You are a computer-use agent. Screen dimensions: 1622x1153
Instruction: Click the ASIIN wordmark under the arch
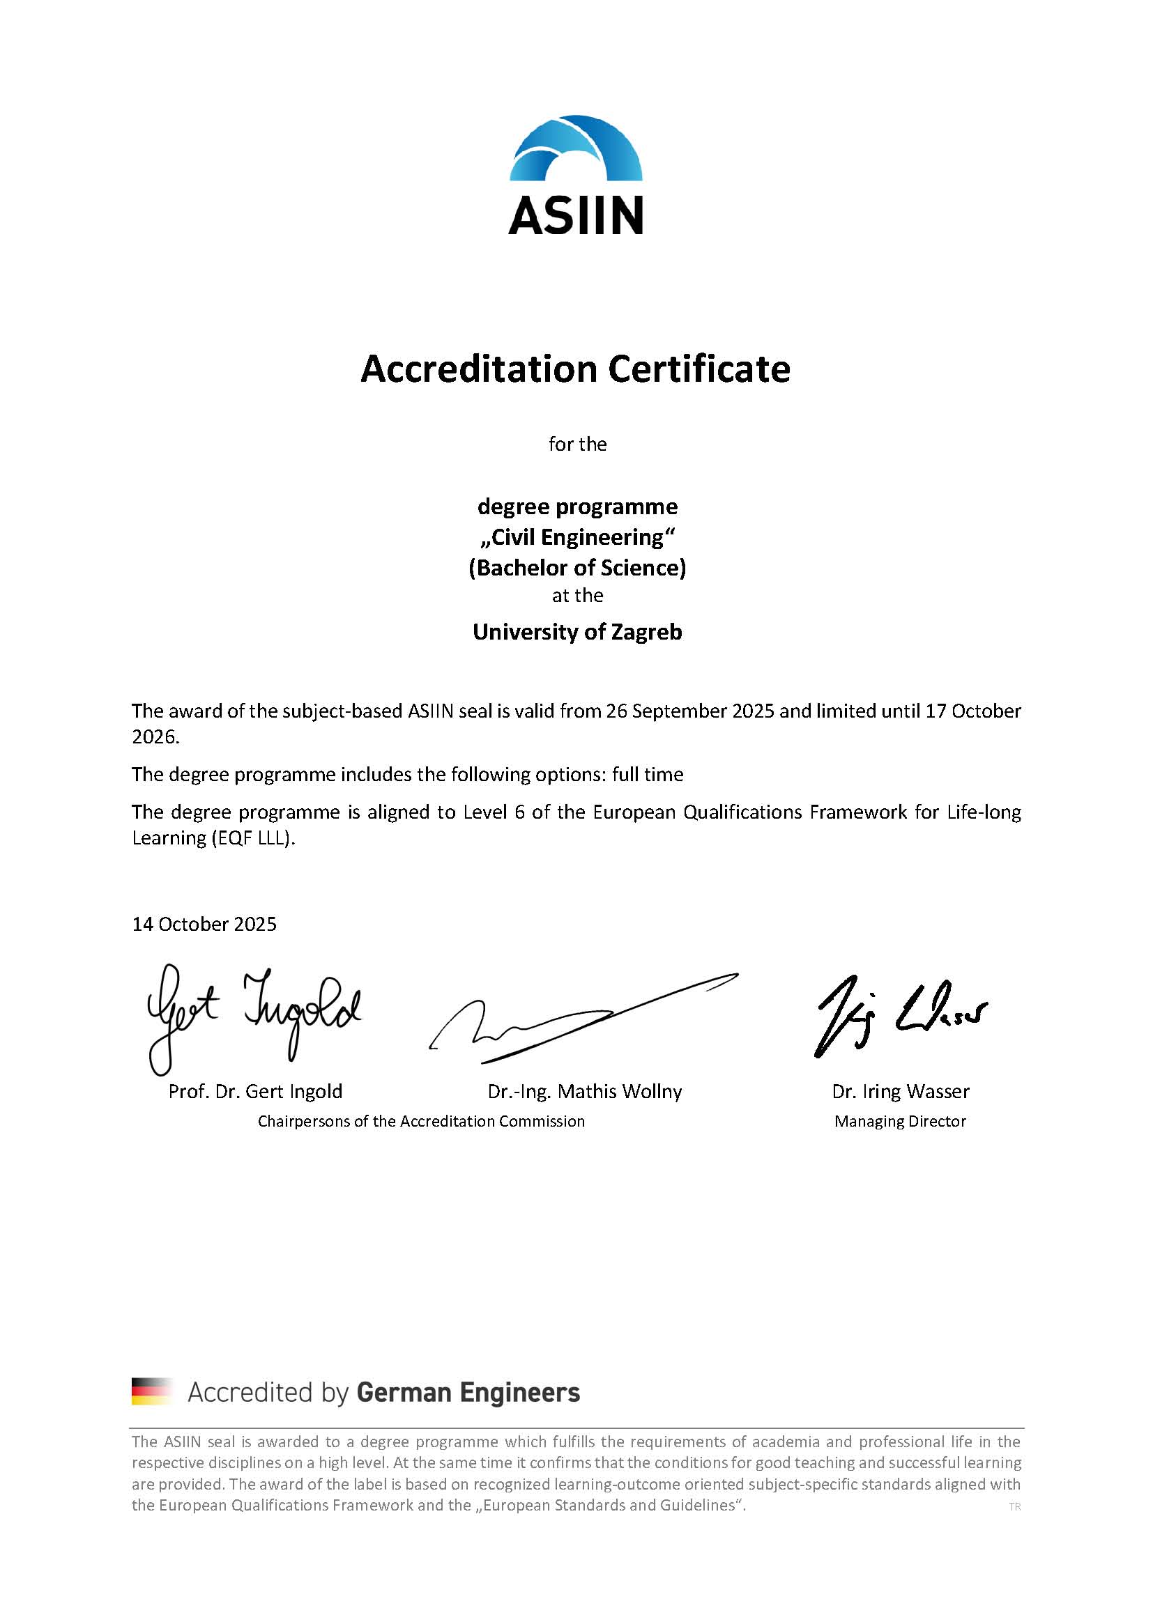click(x=576, y=216)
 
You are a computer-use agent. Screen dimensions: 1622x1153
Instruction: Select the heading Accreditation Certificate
click(x=575, y=369)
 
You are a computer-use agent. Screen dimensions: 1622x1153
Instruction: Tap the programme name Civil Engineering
click(x=577, y=537)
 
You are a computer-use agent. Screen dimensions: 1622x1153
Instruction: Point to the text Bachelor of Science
click(x=577, y=568)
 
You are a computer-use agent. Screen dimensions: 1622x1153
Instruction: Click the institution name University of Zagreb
click(x=577, y=631)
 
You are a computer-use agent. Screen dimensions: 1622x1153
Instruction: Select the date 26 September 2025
click(x=689, y=711)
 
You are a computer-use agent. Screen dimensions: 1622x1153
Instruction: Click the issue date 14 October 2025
click(x=204, y=924)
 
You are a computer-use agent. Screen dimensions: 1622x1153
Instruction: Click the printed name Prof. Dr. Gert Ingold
click(x=256, y=1091)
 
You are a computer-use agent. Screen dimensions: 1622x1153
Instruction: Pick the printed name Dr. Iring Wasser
click(x=900, y=1091)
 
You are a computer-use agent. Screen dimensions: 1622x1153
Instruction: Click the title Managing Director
click(x=900, y=1121)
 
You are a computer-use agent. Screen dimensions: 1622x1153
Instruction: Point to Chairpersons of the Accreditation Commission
click(x=421, y=1121)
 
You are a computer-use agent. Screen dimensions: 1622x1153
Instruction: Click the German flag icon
click(x=152, y=1391)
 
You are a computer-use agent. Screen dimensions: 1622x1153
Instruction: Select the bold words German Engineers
click(x=468, y=1392)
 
